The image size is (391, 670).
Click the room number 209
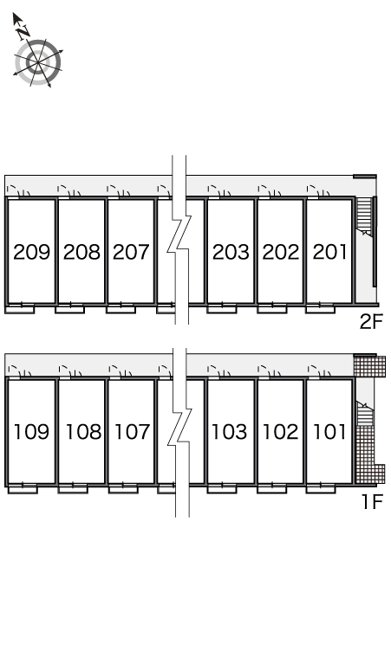tap(32, 252)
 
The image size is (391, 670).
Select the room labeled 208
tap(81, 252)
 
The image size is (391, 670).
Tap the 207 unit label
tap(131, 252)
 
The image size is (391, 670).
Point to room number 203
tap(231, 252)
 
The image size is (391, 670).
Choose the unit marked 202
tap(281, 252)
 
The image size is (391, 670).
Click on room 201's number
tap(329, 252)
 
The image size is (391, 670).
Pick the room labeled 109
tap(32, 432)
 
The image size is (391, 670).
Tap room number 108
tap(83, 432)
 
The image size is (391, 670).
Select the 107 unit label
tap(132, 432)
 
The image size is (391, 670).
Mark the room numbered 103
tap(230, 432)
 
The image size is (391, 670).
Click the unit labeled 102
tap(280, 432)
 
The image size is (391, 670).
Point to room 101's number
tap(329, 432)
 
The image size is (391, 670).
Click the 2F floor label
tap(371, 321)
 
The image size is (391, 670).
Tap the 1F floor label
tap(372, 501)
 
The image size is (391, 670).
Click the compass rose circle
tap(37, 63)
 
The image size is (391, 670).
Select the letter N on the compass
tap(23, 31)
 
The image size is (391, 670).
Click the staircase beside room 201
tap(364, 216)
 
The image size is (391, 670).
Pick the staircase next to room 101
tap(365, 414)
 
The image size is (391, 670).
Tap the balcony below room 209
tap(22, 308)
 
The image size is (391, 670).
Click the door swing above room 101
tap(318, 370)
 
